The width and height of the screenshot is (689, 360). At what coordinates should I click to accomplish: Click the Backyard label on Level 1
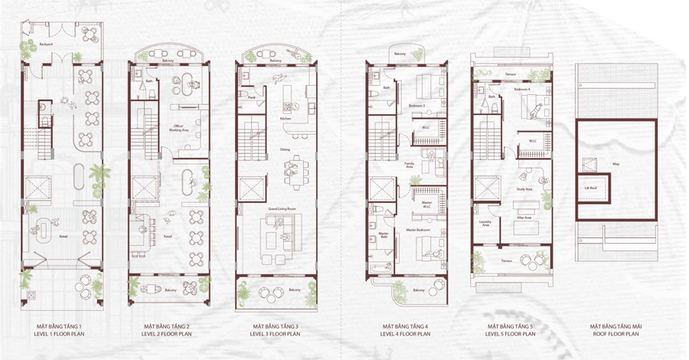(x=46, y=45)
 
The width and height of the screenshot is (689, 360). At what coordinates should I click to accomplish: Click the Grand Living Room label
(x=276, y=209)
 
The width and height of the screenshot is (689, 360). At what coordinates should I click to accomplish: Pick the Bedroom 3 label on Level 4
(x=416, y=106)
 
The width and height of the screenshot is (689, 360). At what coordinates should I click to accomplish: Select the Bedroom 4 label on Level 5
(x=522, y=90)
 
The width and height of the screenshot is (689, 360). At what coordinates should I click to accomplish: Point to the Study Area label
(x=524, y=188)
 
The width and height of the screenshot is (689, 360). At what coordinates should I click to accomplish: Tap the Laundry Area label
(x=485, y=224)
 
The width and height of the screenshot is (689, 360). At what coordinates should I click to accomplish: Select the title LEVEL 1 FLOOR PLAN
(x=59, y=335)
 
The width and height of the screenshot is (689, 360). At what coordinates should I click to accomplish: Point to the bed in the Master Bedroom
(x=427, y=247)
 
